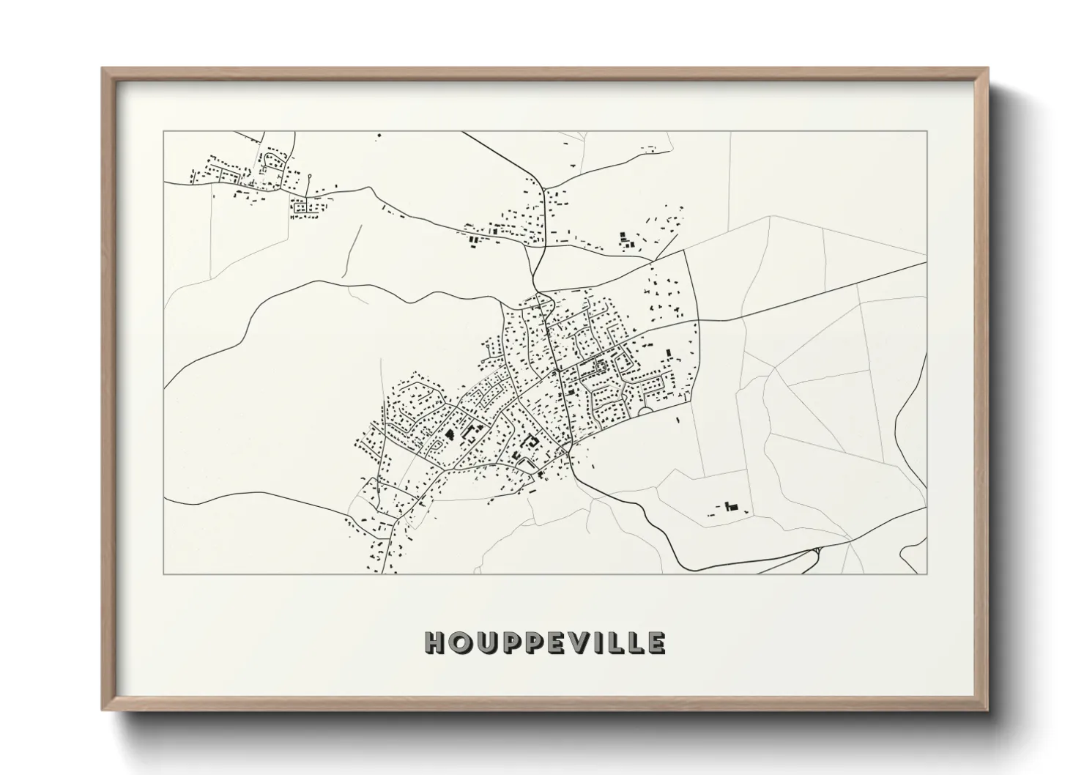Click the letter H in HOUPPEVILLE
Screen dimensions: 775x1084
[434, 643]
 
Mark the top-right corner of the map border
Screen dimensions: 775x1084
[927, 131]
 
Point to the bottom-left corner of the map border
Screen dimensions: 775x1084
[165, 574]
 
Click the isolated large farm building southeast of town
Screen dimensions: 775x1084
[730, 506]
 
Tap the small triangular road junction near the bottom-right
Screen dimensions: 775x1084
[811, 557]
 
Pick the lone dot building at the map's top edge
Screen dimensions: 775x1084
[379, 135]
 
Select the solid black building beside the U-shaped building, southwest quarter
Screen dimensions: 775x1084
[449, 434]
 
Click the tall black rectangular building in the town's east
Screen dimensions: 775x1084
[667, 354]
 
